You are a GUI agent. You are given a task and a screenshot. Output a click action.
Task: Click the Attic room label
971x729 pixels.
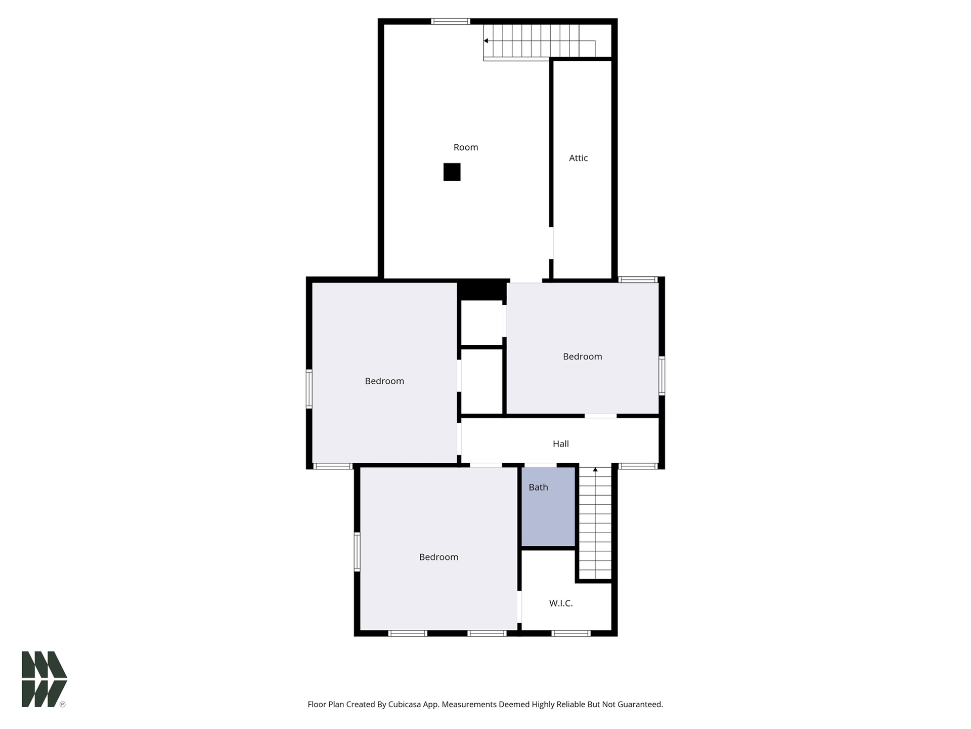click(578, 158)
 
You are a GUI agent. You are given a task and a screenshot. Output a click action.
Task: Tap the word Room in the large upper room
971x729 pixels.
click(466, 147)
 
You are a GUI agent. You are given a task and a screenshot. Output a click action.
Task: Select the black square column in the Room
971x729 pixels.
click(452, 172)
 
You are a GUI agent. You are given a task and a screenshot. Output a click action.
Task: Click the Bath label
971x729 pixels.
click(538, 487)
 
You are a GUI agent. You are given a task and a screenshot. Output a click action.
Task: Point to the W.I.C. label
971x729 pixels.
click(561, 603)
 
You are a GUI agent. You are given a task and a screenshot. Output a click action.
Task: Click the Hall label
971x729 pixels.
click(561, 444)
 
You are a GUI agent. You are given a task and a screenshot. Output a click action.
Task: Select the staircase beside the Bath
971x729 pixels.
click(595, 523)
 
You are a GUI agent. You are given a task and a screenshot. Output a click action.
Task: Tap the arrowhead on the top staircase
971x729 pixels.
click(486, 40)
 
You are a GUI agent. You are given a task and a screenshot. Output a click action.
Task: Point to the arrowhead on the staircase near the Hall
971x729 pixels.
click(595, 470)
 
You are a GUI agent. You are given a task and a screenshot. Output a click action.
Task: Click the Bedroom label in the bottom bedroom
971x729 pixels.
click(438, 557)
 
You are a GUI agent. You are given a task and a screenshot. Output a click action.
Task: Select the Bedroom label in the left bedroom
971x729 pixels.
click(384, 381)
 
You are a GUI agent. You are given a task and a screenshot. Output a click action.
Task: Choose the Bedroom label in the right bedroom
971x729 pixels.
click(583, 356)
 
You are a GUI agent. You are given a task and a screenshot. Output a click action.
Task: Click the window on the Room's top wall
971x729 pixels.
click(451, 21)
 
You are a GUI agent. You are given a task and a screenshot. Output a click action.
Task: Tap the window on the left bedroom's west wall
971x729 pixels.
click(309, 389)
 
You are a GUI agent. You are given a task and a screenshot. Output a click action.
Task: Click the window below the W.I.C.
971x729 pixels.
click(571, 633)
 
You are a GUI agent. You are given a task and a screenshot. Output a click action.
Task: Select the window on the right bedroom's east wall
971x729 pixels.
click(662, 376)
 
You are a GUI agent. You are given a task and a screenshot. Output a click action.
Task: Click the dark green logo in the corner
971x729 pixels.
click(44, 679)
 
